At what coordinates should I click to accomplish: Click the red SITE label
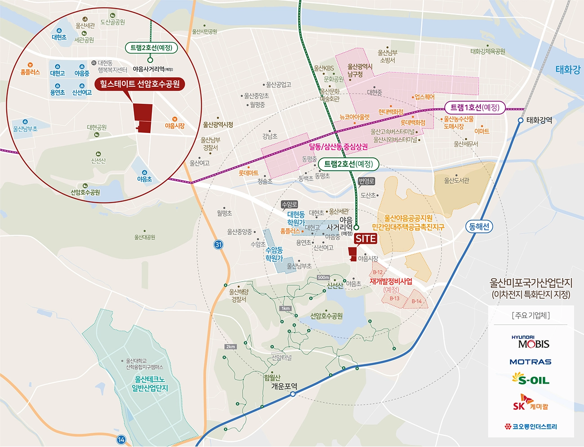pyautogui.click(x=366, y=239)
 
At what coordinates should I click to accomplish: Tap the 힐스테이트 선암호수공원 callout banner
pyautogui.click(x=140, y=84)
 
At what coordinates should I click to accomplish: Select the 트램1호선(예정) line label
pyautogui.click(x=475, y=107)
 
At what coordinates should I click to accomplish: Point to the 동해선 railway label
pyautogui.click(x=479, y=226)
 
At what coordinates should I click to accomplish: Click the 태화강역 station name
pyautogui.click(x=539, y=120)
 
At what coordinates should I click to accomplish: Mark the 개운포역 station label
pyautogui.click(x=284, y=386)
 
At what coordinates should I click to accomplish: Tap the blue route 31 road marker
pyautogui.click(x=218, y=244)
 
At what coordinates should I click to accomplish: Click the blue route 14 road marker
pyautogui.click(x=121, y=439)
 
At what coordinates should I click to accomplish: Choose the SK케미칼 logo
pyautogui.click(x=531, y=403)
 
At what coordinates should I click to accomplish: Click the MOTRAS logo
pyautogui.click(x=530, y=362)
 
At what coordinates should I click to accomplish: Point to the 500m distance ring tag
pyautogui.click(x=323, y=277)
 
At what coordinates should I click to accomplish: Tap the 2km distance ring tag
pyautogui.click(x=231, y=346)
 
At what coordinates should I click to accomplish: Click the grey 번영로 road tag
pyautogui.click(x=366, y=181)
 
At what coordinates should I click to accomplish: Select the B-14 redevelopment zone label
pyautogui.click(x=416, y=301)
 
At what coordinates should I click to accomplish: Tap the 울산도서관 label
pyautogui.click(x=456, y=180)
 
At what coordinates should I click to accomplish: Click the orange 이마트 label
pyautogui.click(x=482, y=131)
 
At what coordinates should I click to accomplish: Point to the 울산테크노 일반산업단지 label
pyautogui.click(x=149, y=383)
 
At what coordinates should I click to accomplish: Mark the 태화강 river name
pyautogui.click(x=568, y=70)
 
